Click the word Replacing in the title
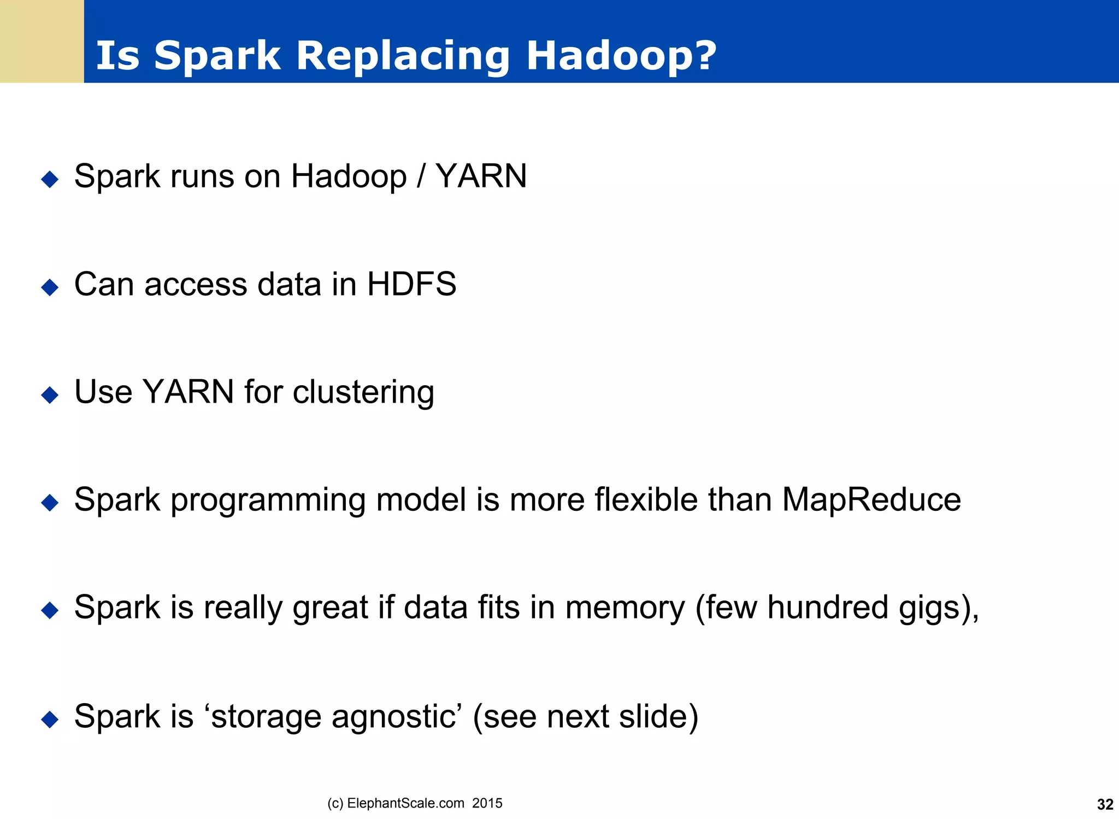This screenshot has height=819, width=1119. coord(403,56)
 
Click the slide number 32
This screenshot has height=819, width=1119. coord(1105,804)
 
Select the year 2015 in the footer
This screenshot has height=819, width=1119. coord(487,803)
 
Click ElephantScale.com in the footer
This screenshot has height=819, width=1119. coord(405,803)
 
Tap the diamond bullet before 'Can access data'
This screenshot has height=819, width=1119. coord(50,287)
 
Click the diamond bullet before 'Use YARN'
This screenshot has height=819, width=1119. coord(50,394)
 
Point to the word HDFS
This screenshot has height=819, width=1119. coord(411,284)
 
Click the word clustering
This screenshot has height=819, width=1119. coord(363,392)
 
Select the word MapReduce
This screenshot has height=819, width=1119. coord(871,499)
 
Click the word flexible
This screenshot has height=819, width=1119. coord(646,499)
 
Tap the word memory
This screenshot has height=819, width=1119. coord(625,608)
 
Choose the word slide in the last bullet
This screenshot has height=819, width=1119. coord(652,716)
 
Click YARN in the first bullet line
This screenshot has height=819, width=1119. coord(481,176)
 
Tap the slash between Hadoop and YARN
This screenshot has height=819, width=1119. coord(421,176)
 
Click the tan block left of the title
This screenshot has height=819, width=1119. coord(42,42)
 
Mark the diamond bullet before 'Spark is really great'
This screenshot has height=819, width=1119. coord(50,610)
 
